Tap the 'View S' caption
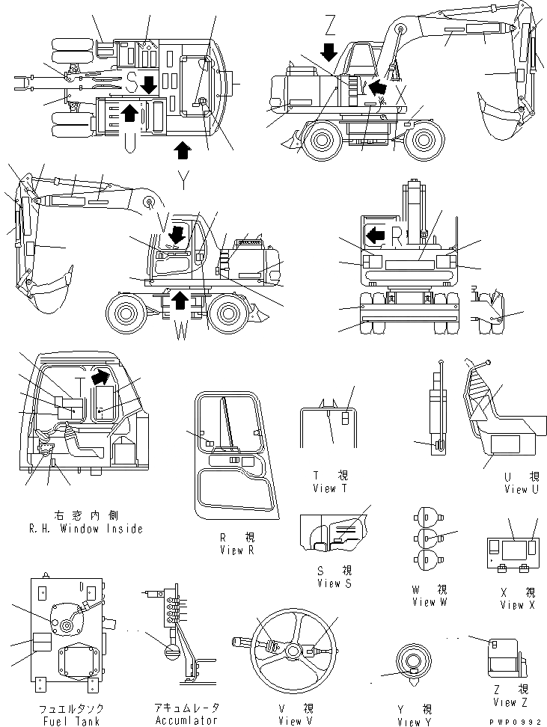[x=334, y=583]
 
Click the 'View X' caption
[x=519, y=604]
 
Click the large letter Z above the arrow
[x=330, y=26]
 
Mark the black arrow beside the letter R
[x=374, y=236]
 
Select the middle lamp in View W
[x=427, y=537]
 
